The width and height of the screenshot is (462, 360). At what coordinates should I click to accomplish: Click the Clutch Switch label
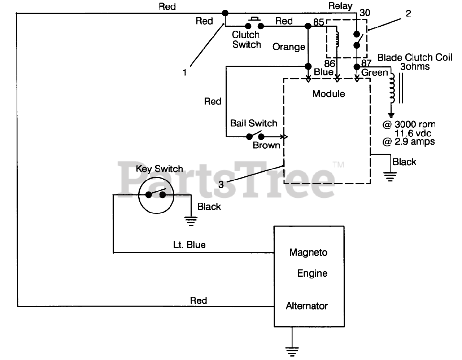pos(247,40)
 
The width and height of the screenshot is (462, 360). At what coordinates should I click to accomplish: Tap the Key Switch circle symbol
pos(156,196)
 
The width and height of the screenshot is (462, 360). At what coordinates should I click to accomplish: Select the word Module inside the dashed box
pos(329,94)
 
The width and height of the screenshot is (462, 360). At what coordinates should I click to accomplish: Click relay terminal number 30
pos(365,13)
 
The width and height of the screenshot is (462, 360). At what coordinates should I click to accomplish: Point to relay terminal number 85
pos(318,22)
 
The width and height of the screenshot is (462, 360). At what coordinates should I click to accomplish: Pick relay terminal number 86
pos(330,63)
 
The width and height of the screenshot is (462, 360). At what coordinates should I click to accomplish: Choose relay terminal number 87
pos(366,63)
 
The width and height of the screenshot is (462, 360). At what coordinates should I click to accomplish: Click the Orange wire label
pos(289,47)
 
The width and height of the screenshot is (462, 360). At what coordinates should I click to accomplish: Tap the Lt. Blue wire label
pos(189,245)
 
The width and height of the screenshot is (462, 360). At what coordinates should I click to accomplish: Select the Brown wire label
pos(266,145)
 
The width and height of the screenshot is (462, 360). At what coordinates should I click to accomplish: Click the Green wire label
pos(374,73)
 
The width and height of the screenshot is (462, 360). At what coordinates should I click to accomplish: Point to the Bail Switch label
pos(254,123)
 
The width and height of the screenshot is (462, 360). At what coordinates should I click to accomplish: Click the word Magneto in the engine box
pos(308,253)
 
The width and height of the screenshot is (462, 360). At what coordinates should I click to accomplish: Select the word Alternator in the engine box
pos(306,306)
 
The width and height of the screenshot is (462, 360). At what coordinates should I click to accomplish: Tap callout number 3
pos(221,185)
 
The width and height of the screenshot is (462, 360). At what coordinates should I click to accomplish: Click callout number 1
pos(184,73)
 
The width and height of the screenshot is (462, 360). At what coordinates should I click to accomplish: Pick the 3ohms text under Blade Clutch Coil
pos(415,66)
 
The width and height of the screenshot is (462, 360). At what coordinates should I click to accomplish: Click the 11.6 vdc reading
pos(413,133)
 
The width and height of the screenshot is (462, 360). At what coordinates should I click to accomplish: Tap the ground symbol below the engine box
pos(292,351)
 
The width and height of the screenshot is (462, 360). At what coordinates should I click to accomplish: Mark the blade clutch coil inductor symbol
pos(392,88)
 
